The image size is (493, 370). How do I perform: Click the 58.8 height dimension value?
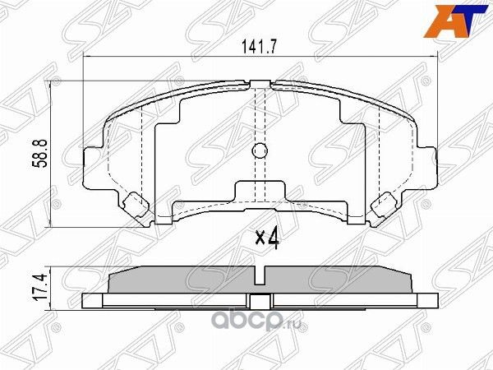click(38, 152)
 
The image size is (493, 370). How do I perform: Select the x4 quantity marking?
click(268, 238)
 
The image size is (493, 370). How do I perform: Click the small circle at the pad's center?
click(260, 150)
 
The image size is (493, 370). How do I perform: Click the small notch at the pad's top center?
click(260, 83)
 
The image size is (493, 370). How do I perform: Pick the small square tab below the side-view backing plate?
click(260, 302)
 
